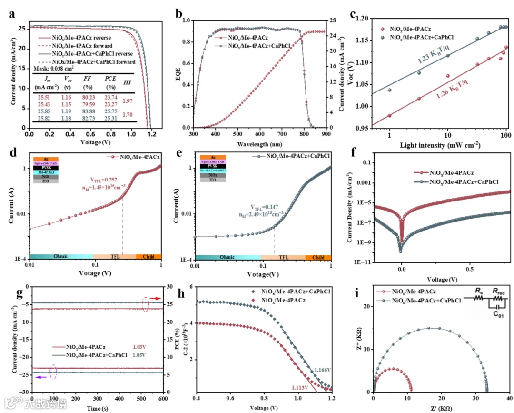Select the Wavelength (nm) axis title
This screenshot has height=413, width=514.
259,143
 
